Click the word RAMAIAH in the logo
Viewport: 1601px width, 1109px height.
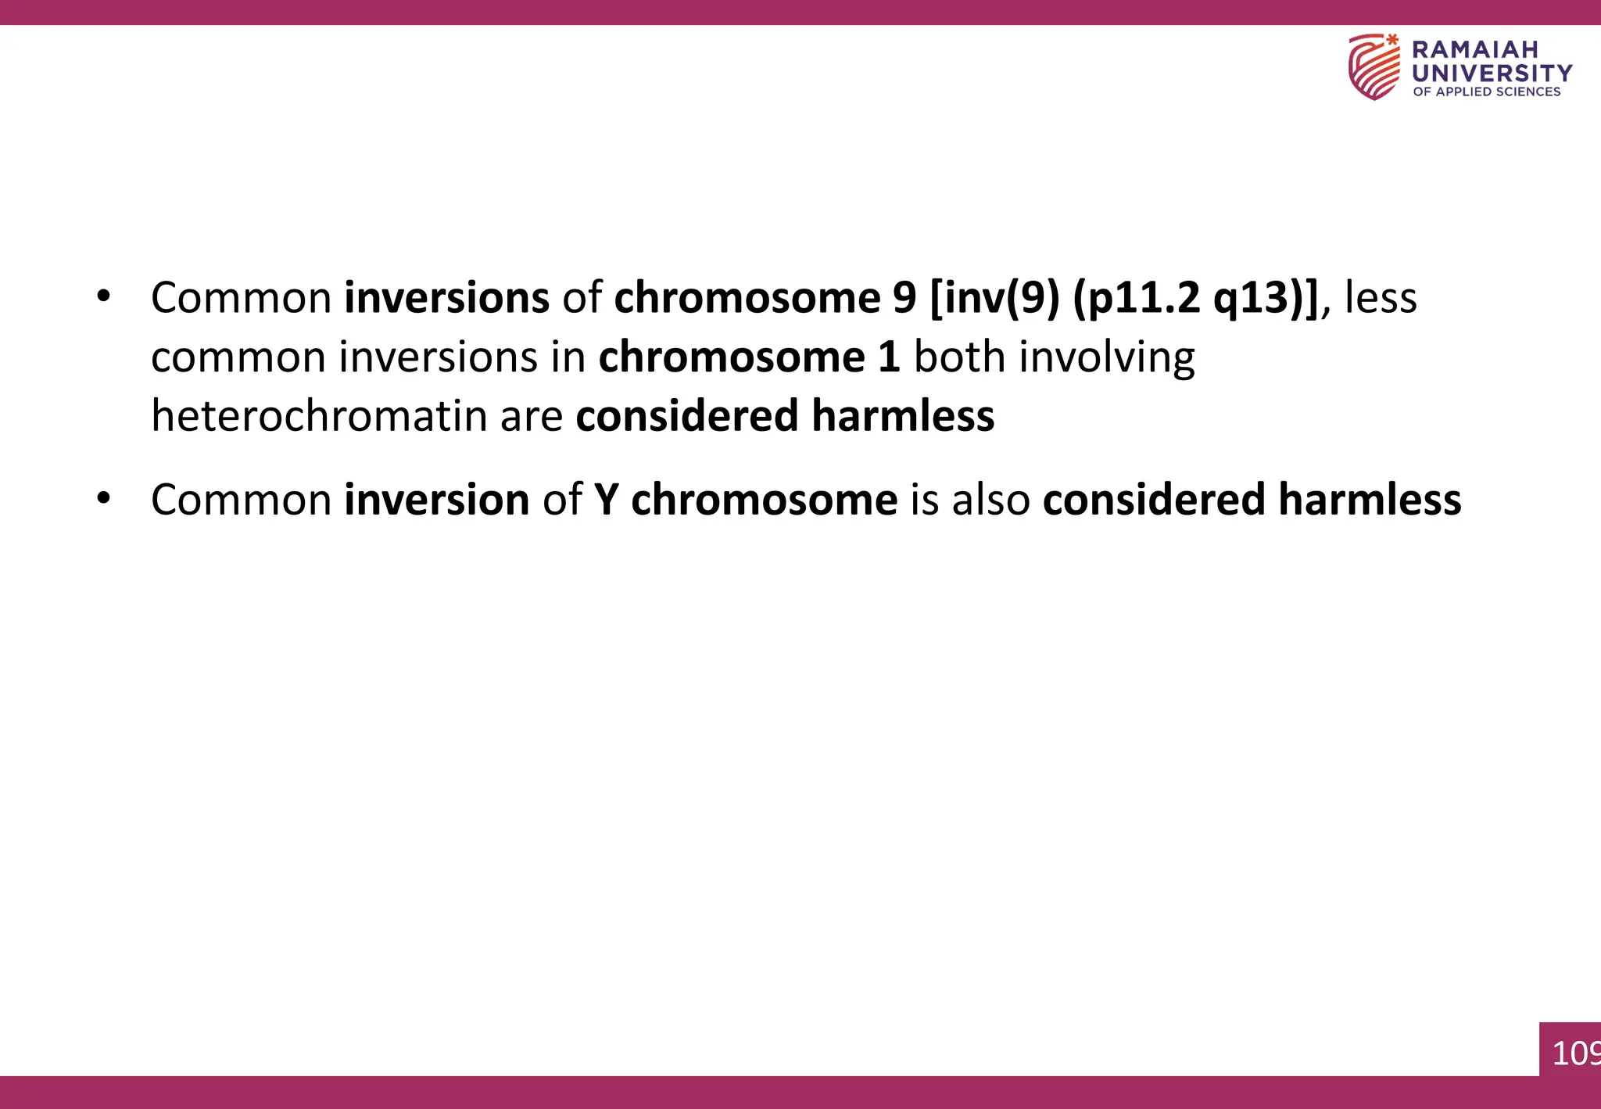coord(1474,50)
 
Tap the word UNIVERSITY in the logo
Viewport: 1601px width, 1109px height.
coord(1492,74)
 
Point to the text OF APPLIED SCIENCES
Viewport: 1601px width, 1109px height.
coord(1486,92)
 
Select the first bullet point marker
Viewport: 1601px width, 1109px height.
coord(103,297)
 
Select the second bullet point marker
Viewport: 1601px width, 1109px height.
coord(103,499)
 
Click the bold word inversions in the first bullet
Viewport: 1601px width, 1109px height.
coord(447,298)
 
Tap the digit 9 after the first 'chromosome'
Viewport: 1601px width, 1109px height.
coord(904,298)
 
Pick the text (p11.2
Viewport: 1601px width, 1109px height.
coord(1136,298)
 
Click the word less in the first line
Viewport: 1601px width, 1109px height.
coord(1380,298)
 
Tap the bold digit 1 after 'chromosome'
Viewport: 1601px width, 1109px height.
coord(889,357)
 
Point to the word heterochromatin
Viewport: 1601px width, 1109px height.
coord(319,415)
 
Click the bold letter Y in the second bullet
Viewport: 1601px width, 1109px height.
coord(606,500)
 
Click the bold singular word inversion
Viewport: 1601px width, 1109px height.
coord(437,500)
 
